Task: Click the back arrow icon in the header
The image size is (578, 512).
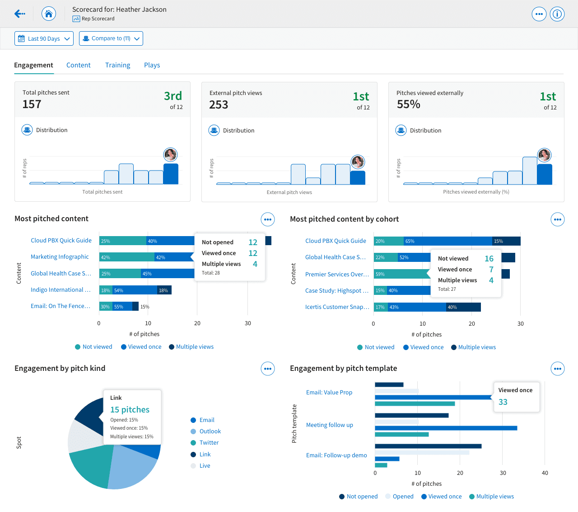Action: [x=20, y=14]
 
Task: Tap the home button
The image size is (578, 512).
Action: [x=48, y=14]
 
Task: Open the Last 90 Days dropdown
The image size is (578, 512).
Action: [x=44, y=38]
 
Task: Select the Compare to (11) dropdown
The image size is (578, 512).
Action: [x=111, y=38]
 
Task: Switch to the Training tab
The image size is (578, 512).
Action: [x=117, y=65]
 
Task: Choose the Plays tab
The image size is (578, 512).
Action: [x=152, y=65]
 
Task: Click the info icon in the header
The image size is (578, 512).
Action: [x=557, y=14]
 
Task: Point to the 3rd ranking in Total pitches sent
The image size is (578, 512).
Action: [x=173, y=96]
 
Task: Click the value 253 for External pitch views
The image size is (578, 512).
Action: [x=219, y=105]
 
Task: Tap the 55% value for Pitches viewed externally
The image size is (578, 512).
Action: [x=409, y=104]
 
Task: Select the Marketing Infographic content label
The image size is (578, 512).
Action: [x=60, y=256]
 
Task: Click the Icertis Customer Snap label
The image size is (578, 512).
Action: [x=337, y=307]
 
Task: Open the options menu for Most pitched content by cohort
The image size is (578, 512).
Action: [x=558, y=219]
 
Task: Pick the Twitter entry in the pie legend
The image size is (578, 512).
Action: [x=209, y=442]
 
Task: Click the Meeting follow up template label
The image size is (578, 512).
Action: [x=330, y=425]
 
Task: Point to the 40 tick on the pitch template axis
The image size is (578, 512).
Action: [x=545, y=473]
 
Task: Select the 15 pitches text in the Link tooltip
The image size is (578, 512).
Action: [x=130, y=409]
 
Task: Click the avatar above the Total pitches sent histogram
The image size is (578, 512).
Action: [x=170, y=155]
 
